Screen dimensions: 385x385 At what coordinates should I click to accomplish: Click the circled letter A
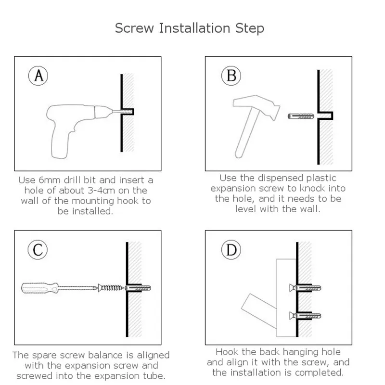click(x=38, y=76)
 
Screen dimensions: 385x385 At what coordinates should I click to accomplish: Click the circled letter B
click(x=231, y=76)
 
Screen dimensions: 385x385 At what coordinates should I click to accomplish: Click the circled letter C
click(x=38, y=250)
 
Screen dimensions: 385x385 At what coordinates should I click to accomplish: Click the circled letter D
click(x=231, y=250)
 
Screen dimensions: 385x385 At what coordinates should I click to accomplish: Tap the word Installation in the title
click(x=194, y=28)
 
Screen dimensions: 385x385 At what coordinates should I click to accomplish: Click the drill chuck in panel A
click(x=103, y=112)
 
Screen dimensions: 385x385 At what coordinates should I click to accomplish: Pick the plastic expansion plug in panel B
click(x=301, y=116)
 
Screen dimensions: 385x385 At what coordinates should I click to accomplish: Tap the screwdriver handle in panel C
click(x=40, y=288)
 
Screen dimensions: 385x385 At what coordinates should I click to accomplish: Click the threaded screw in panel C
click(x=111, y=287)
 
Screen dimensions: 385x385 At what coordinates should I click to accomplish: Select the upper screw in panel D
click(x=305, y=288)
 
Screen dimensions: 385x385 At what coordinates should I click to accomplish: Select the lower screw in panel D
click(x=305, y=316)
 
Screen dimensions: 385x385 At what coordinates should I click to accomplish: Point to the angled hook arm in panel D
click(x=259, y=310)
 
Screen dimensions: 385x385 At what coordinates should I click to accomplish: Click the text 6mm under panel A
click(x=50, y=180)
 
